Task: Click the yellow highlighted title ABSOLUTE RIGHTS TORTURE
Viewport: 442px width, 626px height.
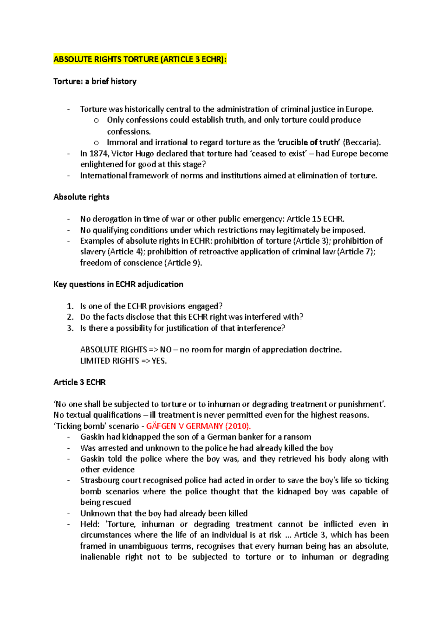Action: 140,59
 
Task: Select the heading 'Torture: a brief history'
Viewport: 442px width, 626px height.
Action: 95,81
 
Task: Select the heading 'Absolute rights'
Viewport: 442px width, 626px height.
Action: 81,197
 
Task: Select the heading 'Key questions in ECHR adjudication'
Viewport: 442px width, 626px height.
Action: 118,284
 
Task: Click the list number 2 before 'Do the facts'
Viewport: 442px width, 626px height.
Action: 70,317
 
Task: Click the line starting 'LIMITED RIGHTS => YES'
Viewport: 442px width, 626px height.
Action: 123,361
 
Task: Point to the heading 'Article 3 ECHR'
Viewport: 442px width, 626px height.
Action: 80,382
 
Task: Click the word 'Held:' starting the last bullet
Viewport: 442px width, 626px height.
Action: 90,524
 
